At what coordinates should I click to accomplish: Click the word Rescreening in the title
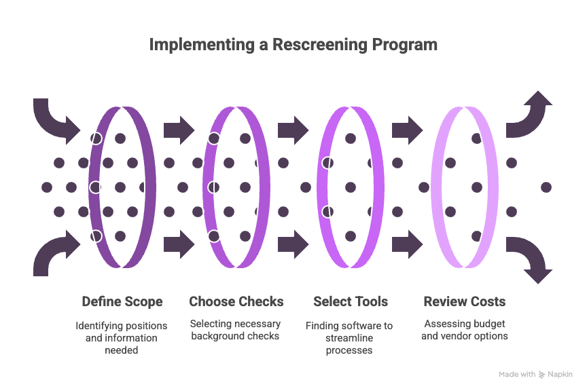tap(320, 45)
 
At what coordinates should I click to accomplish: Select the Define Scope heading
tap(122, 301)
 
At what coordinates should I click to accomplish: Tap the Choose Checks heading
tap(236, 301)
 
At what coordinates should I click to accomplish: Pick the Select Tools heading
tap(351, 301)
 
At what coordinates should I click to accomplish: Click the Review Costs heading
tap(465, 301)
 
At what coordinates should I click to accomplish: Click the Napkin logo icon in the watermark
tap(541, 375)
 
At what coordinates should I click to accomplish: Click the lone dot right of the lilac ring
tap(546, 187)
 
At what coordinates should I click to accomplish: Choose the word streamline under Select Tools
tap(349, 338)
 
